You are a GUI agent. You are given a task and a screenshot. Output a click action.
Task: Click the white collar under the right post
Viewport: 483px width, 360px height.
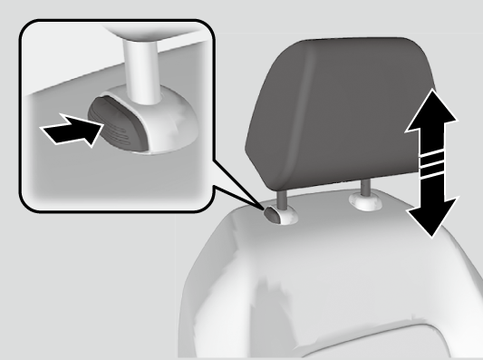[x=365, y=200]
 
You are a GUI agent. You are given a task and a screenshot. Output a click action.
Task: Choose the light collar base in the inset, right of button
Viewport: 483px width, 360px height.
[x=168, y=127]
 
